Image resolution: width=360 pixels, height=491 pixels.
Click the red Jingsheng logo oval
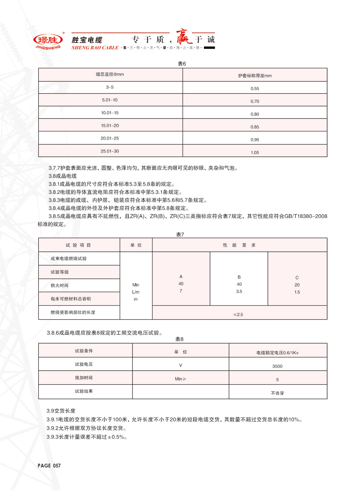pos(48,40)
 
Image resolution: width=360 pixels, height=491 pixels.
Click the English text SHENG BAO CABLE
pos(95,48)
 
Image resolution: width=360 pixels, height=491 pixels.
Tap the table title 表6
pos(182,64)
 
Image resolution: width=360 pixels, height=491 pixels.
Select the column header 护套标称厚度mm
pos(255,76)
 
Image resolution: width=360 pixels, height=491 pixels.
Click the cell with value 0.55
pos(255,89)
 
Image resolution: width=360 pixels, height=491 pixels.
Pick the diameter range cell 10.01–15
pos(110,113)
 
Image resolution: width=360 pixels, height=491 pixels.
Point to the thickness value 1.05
pos(255,152)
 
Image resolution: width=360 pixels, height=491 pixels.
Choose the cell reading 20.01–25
pos(110,138)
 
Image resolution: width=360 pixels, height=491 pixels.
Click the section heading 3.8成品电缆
pos(62,176)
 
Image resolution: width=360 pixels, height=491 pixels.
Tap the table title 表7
pos(180,235)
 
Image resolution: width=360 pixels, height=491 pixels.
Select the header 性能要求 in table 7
pos(239,245)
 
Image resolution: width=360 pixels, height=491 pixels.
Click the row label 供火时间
pos(59,285)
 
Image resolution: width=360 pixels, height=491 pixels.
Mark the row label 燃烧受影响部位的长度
pos(73,312)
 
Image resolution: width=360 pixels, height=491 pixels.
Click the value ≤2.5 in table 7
pos(238,315)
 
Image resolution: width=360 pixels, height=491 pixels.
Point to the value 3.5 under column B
pos(239,291)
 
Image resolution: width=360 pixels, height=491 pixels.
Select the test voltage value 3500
pos(277,366)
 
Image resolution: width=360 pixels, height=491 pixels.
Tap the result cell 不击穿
pos(277,393)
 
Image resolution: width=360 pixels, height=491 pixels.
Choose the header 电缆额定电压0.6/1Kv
pos(277,353)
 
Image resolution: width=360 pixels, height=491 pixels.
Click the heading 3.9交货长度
pos(61,411)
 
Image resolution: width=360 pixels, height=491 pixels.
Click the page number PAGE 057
pos(49,466)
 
